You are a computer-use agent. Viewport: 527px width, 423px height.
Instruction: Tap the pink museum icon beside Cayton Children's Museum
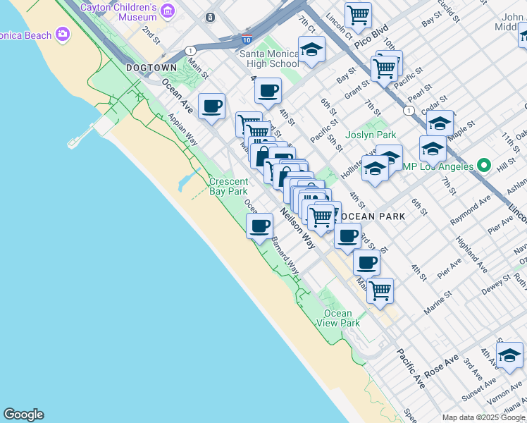point(168,10)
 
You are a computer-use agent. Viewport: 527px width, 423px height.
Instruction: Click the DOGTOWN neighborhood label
point(151,68)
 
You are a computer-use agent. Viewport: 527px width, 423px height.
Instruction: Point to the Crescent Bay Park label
point(228,186)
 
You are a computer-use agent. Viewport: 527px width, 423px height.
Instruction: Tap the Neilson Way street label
point(297,228)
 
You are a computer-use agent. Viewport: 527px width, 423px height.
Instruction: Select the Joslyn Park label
point(371,135)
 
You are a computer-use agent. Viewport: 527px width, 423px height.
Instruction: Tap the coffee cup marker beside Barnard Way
point(260,226)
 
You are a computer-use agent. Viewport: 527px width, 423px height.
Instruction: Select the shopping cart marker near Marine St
point(380,289)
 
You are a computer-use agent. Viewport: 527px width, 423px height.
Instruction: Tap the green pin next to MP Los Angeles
point(483,166)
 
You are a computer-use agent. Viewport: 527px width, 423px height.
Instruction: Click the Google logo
point(23,415)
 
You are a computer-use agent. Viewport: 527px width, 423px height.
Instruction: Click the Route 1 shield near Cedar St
point(409,111)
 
